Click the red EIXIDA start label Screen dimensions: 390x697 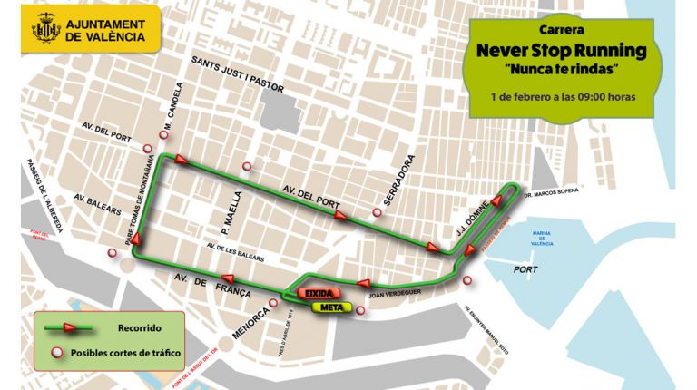318,295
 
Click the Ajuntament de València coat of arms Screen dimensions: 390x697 45,31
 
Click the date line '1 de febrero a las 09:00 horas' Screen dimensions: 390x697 562,95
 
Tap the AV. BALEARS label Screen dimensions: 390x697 96,203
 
